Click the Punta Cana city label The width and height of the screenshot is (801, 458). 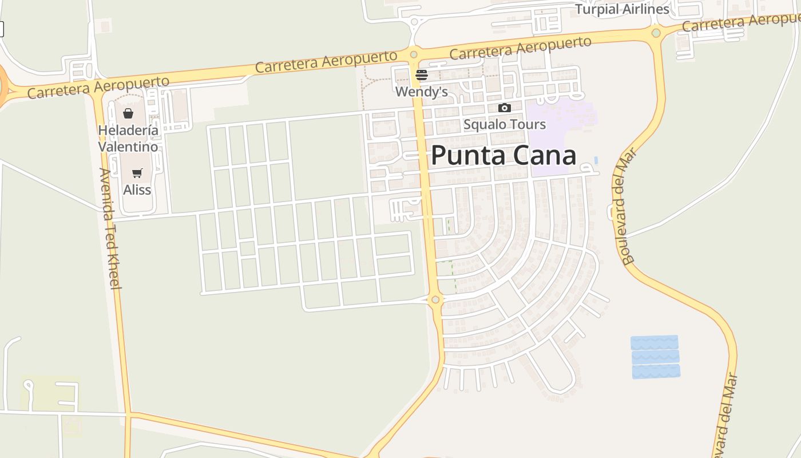coord(503,156)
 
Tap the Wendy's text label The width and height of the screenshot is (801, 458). coord(421,92)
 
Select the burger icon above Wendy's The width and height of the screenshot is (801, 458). coord(422,74)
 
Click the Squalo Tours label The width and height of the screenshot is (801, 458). coord(504,124)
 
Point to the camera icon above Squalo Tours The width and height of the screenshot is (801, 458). coord(504,108)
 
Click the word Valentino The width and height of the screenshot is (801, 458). coord(128,147)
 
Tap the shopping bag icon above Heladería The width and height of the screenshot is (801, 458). coord(128,113)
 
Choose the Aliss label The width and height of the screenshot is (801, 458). coord(137,189)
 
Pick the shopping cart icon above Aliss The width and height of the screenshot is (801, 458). coord(137,173)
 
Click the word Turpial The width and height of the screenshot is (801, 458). coord(597,9)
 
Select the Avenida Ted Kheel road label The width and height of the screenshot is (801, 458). coord(109,228)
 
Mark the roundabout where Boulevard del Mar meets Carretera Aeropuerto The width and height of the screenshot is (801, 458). coord(656,33)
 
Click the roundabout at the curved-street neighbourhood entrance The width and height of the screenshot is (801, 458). coord(435,299)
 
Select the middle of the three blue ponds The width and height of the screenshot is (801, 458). coord(655,357)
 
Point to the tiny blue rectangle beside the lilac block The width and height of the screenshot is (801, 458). coord(596,160)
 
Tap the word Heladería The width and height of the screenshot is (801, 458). coord(128,131)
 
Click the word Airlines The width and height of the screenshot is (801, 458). coord(646,9)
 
